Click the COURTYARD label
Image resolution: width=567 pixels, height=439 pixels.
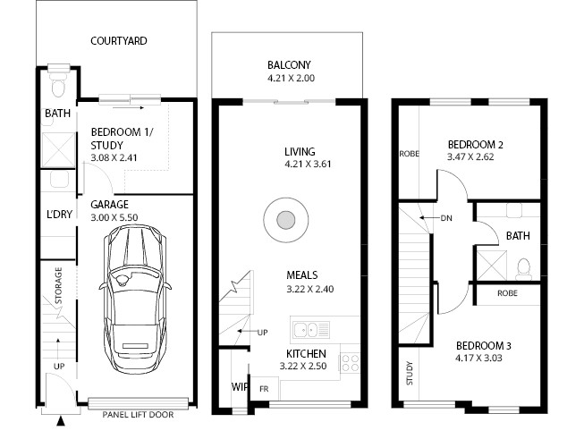tap(119, 41)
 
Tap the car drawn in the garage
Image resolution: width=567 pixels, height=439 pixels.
tap(135, 299)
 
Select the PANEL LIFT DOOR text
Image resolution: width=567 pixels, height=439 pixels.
tap(138, 414)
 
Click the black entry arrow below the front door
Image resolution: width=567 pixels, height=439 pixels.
tap(61, 421)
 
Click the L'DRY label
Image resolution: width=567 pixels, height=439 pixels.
tap(59, 214)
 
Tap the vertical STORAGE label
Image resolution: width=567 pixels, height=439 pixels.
tap(58, 285)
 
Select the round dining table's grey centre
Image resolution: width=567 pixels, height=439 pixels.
tap(285, 220)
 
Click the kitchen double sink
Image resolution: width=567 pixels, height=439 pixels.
tap(311, 330)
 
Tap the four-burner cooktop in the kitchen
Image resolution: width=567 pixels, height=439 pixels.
tap(350, 363)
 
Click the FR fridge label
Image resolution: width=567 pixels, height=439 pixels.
tap(264, 389)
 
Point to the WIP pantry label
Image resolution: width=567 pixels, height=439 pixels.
tap(240, 387)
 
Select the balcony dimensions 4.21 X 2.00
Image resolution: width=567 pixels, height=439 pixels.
tap(291, 78)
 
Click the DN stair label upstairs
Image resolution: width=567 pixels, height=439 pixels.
tap(446, 218)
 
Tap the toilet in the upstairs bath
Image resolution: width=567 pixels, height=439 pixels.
tap(523, 269)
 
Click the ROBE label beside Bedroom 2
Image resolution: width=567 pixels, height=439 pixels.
tap(409, 154)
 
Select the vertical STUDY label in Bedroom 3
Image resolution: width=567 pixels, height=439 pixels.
tap(409, 373)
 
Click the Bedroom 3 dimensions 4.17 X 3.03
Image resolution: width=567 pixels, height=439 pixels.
tap(478, 358)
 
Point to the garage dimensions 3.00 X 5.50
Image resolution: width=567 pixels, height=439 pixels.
tap(114, 217)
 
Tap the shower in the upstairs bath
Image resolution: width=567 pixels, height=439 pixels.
tap(491, 266)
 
